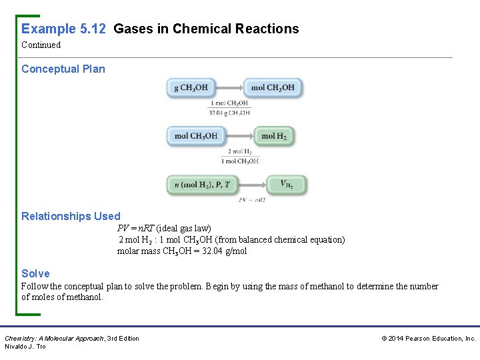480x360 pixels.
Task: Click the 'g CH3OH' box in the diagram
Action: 191,87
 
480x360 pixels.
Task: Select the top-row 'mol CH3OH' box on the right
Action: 273,87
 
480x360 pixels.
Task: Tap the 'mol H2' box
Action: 274,136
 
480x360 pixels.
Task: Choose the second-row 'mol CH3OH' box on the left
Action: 196,136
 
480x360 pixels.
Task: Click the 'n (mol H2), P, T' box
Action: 202,185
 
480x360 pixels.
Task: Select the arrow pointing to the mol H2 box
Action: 239,136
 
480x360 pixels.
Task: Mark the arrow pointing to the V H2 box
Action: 252,185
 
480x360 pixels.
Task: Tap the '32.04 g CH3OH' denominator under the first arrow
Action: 230,113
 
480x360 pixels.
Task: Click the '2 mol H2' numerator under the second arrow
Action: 239,152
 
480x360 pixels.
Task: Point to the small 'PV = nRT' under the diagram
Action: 252,199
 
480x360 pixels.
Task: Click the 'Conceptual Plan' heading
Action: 63,69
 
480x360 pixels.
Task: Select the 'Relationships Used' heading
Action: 71,216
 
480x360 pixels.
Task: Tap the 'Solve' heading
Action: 35,273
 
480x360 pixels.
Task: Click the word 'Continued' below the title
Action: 41,45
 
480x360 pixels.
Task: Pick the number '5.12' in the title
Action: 93,29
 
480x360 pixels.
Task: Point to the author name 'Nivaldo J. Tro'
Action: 25,347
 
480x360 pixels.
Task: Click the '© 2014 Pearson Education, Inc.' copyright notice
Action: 428,339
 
